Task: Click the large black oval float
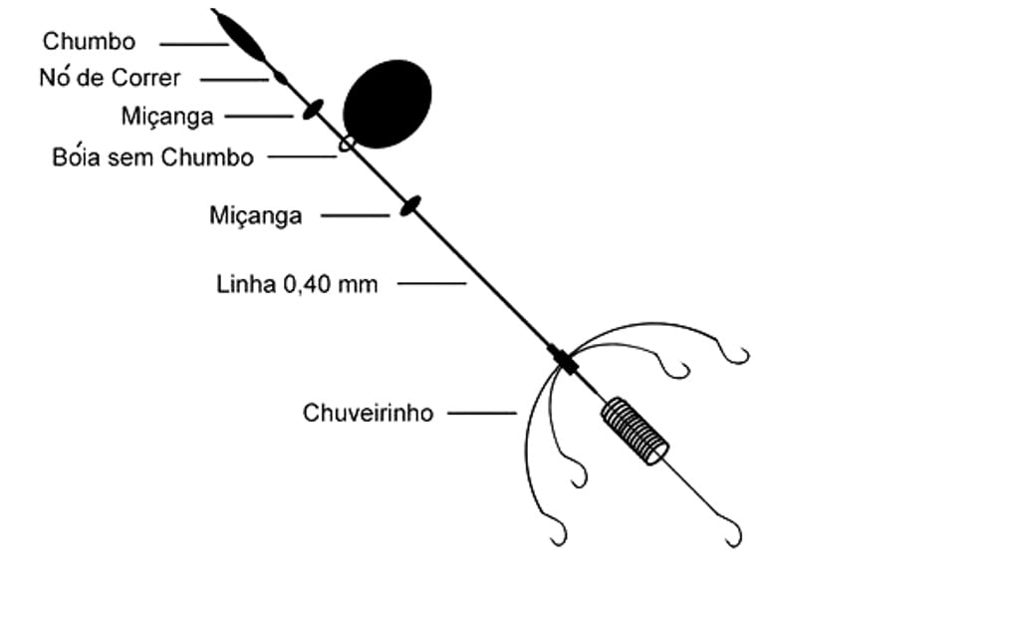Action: [x=387, y=104]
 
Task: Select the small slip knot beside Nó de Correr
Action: [x=280, y=78]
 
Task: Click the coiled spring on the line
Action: [x=635, y=432]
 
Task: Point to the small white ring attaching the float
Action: [x=348, y=144]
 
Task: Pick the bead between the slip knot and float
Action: [x=313, y=110]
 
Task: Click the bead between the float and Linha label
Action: [x=409, y=205]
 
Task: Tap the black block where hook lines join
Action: [x=564, y=359]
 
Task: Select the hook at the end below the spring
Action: [x=731, y=530]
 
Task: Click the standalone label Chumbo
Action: [x=89, y=41]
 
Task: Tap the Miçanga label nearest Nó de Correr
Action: [x=167, y=117]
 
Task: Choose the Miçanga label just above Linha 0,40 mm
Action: [x=256, y=215]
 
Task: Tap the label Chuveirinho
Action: [x=369, y=413]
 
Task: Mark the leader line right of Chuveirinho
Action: [x=482, y=413]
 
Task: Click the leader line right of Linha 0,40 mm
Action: [x=432, y=283]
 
